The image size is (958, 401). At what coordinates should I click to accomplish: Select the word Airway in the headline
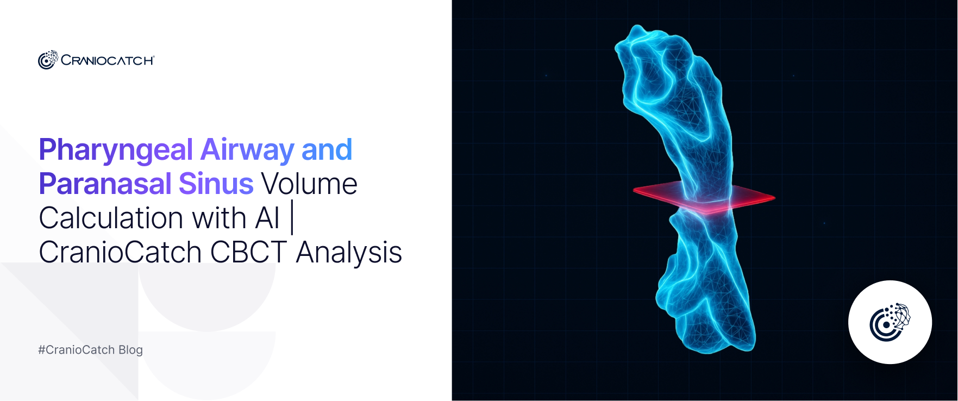(247, 151)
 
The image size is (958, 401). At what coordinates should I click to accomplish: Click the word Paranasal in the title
(105, 184)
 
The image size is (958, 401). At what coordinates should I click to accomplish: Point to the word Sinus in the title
(216, 184)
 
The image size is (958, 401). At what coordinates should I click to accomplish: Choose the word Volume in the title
(310, 184)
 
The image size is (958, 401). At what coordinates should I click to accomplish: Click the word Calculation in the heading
(111, 218)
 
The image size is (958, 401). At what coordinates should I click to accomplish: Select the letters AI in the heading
(267, 218)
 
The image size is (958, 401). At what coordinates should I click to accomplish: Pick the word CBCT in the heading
(248, 252)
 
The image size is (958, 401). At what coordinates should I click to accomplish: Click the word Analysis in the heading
(349, 252)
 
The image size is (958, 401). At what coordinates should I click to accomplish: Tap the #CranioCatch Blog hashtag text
(90, 350)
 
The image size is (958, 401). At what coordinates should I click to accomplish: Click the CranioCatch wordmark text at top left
(107, 60)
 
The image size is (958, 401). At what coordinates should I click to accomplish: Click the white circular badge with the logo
(890, 322)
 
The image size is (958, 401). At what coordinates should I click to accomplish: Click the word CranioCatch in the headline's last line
(120, 252)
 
